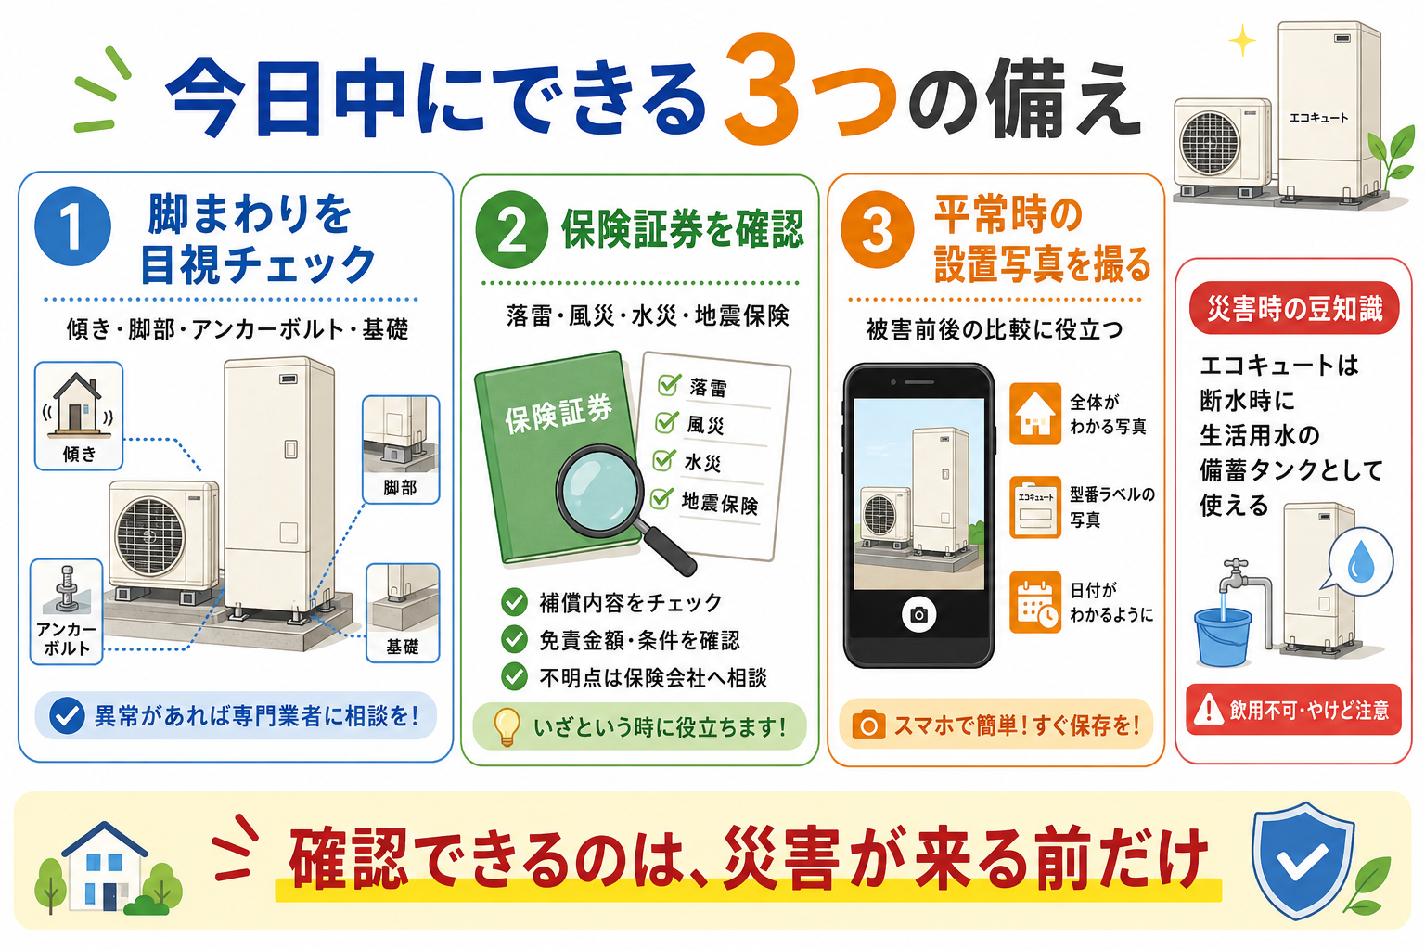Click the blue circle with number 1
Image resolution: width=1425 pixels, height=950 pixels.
tap(72, 226)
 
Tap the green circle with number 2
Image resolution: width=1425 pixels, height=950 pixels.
tap(512, 230)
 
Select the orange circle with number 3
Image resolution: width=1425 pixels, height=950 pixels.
tap(878, 230)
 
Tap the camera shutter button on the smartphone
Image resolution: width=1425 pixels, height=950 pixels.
tap(918, 614)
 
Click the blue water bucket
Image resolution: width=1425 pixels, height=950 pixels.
tap(1223, 636)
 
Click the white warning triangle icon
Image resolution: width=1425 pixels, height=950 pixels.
tap(1208, 709)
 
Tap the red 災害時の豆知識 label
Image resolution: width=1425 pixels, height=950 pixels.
tap(1294, 309)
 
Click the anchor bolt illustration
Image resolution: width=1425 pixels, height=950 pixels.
tap(66, 590)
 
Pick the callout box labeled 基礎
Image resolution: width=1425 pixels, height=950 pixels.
tap(403, 613)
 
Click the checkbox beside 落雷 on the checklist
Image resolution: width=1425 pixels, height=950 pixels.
tap(669, 384)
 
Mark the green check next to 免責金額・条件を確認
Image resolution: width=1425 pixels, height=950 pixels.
tap(514, 639)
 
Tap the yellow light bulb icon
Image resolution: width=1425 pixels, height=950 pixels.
tap(507, 726)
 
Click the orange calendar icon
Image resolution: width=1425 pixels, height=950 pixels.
tap(1035, 602)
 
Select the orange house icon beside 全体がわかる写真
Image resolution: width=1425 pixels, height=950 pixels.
tap(1035, 414)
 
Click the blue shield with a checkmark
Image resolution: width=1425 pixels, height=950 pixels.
tap(1303, 859)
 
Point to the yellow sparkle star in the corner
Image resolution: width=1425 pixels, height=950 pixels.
tap(1242, 42)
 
